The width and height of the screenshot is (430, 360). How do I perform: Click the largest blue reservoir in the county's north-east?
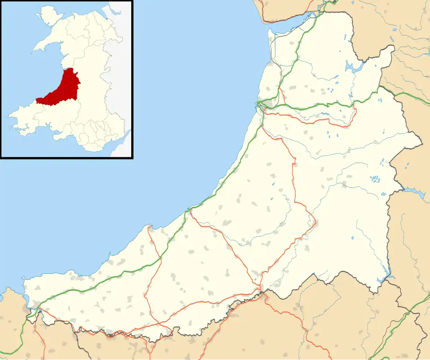click(x=352, y=67)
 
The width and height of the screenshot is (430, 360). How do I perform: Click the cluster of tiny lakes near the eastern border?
click(x=374, y=179)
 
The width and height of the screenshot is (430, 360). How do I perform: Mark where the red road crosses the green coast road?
click(x=191, y=209)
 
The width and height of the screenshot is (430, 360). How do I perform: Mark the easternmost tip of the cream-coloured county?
click(x=421, y=144)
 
